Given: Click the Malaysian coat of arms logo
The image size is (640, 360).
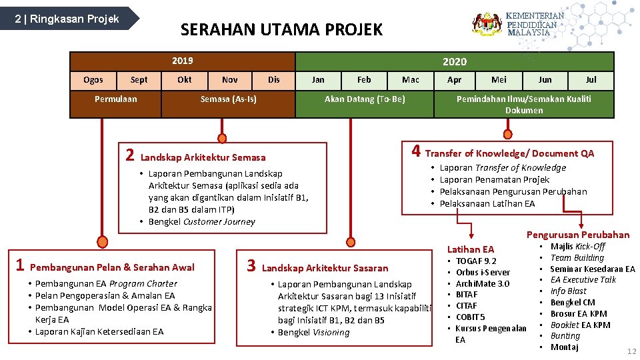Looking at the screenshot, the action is [x=487, y=24].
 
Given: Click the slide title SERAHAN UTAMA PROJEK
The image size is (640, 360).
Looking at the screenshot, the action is [x=282, y=29].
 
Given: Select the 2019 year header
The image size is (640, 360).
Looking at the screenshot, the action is [x=182, y=61].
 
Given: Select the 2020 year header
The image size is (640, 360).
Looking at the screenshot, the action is [x=455, y=61].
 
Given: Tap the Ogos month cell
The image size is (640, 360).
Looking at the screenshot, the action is [x=93, y=80].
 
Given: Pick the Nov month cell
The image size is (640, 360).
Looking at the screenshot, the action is [x=229, y=80].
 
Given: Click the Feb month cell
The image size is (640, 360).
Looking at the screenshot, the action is [x=364, y=80].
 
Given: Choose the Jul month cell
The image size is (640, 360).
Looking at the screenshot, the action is [x=591, y=80].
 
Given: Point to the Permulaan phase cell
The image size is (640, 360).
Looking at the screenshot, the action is [x=116, y=99].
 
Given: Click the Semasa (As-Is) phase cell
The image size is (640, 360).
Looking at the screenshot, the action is [x=229, y=99].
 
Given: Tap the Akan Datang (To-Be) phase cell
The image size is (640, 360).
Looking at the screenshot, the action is [x=364, y=99].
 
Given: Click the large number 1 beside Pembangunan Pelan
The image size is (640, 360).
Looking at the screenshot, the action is [x=21, y=265].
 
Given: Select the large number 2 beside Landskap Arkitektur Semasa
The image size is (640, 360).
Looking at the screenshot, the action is [x=130, y=156].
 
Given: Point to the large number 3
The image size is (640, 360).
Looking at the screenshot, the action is [x=251, y=266].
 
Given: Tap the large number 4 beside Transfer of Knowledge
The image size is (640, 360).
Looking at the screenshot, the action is [x=415, y=151].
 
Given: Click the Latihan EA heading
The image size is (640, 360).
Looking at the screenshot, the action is [x=471, y=249].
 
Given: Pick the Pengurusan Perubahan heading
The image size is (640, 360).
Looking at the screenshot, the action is [x=577, y=235].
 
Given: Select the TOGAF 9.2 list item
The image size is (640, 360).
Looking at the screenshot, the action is [x=476, y=261].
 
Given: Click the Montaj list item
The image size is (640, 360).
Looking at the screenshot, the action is [x=564, y=347].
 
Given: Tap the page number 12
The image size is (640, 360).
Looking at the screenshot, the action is [x=631, y=351].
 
